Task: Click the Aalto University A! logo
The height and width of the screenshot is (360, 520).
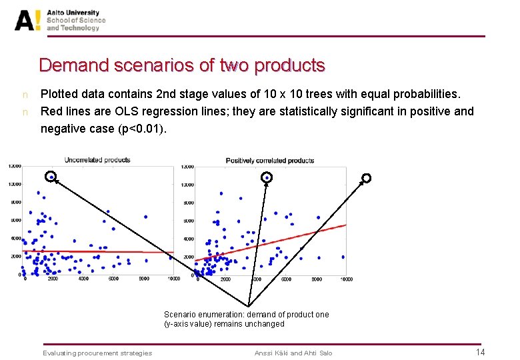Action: coord(28,20)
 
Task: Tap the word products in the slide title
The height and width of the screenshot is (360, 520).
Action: coord(290,65)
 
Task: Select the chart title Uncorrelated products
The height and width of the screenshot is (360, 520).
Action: coord(97,160)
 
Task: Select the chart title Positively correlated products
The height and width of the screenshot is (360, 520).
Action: coord(270,161)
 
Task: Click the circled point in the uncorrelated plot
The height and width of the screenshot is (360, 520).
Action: coord(51,177)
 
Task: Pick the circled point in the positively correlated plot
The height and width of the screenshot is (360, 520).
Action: coord(267,177)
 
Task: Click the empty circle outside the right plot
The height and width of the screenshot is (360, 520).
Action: coord(366,178)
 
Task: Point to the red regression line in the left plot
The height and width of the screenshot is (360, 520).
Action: coord(100,251)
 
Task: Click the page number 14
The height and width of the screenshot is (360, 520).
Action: coord(480,352)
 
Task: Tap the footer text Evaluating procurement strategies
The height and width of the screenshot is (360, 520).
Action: coord(97,353)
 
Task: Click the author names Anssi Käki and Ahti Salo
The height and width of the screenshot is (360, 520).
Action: coord(293,353)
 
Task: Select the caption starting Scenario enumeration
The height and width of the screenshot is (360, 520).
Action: coord(246,319)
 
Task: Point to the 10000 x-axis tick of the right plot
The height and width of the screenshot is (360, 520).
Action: coord(345,279)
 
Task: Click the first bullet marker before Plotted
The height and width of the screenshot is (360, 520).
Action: coord(25,95)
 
